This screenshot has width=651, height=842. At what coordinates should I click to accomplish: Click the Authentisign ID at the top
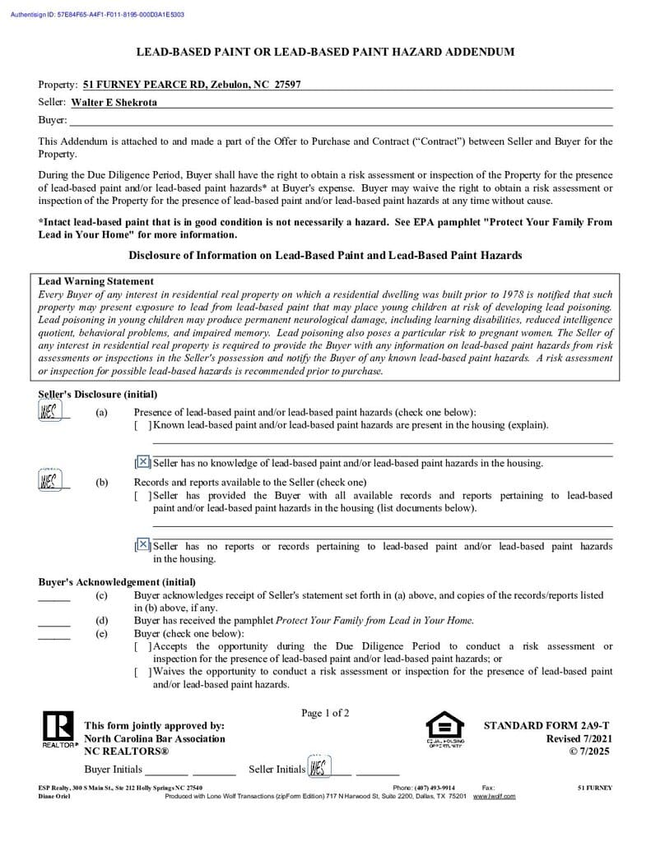(97, 15)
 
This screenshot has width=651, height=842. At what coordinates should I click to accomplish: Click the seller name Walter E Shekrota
(114, 103)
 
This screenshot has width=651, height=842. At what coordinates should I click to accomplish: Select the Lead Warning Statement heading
(95, 281)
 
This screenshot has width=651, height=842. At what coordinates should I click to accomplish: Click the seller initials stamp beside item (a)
(49, 411)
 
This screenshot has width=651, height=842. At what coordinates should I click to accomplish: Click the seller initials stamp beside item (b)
(49, 480)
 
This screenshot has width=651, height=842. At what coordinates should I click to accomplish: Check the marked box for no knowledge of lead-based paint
(143, 462)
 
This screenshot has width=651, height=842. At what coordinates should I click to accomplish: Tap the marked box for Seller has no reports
(143, 544)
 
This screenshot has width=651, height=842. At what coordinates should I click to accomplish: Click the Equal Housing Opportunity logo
(444, 729)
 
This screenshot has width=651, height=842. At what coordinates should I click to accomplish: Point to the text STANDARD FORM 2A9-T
(546, 725)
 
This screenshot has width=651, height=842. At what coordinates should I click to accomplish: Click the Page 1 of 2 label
(325, 713)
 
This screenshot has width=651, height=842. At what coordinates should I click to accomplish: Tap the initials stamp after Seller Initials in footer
(318, 768)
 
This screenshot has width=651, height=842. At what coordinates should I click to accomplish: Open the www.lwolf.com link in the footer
(495, 796)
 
